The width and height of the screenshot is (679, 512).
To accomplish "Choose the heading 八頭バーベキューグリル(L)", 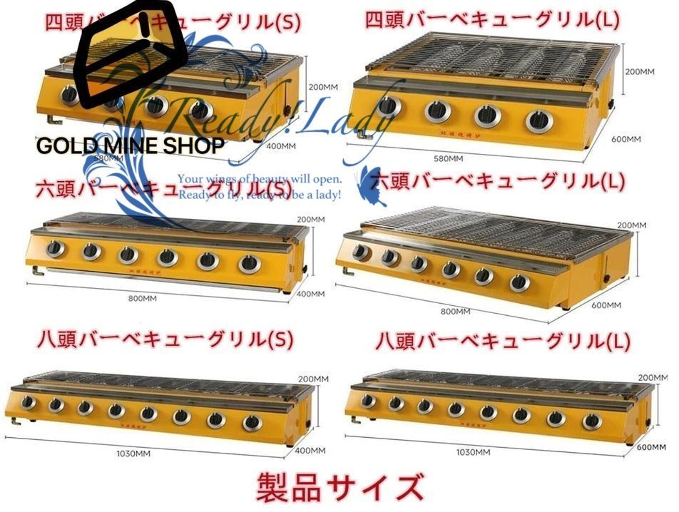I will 503,341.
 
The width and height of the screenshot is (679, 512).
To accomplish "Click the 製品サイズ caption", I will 339,488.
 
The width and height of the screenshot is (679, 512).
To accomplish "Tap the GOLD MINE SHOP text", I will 131,146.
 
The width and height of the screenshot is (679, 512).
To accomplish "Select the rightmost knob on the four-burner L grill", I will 539,120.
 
